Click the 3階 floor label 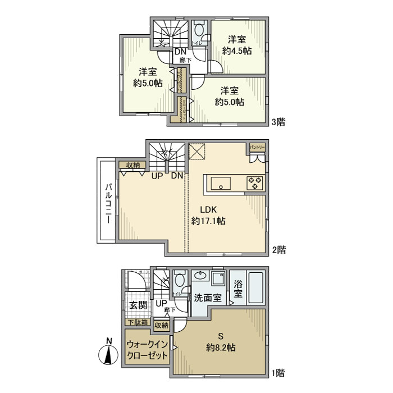click(x=279, y=121)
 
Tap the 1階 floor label click(x=279, y=372)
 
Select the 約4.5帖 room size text click(x=236, y=45)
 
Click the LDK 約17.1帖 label click(x=208, y=216)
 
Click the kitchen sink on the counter click(x=220, y=182)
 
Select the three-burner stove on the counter click(x=254, y=182)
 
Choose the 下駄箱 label click(x=137, y=322)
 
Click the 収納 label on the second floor click(x=132, y=164)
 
